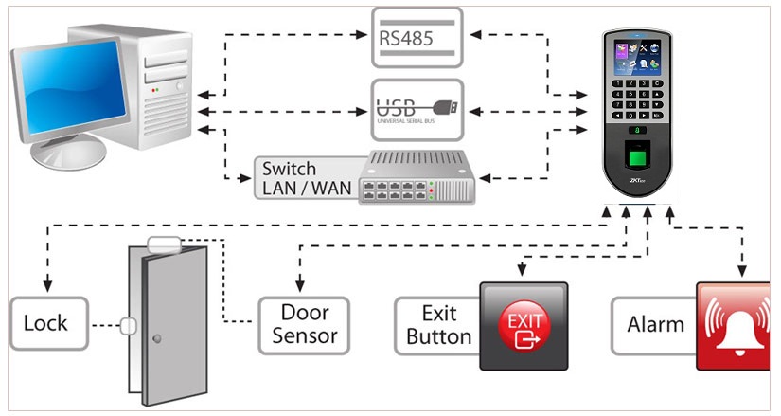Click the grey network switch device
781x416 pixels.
pyautogui.click(x=416, y=177)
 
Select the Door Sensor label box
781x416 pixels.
pyautogui.click(x=305, y=324)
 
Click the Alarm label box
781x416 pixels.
pyautogui.click(x=654, y=324)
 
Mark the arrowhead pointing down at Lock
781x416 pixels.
pyautogui.click(x=46, y=287)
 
